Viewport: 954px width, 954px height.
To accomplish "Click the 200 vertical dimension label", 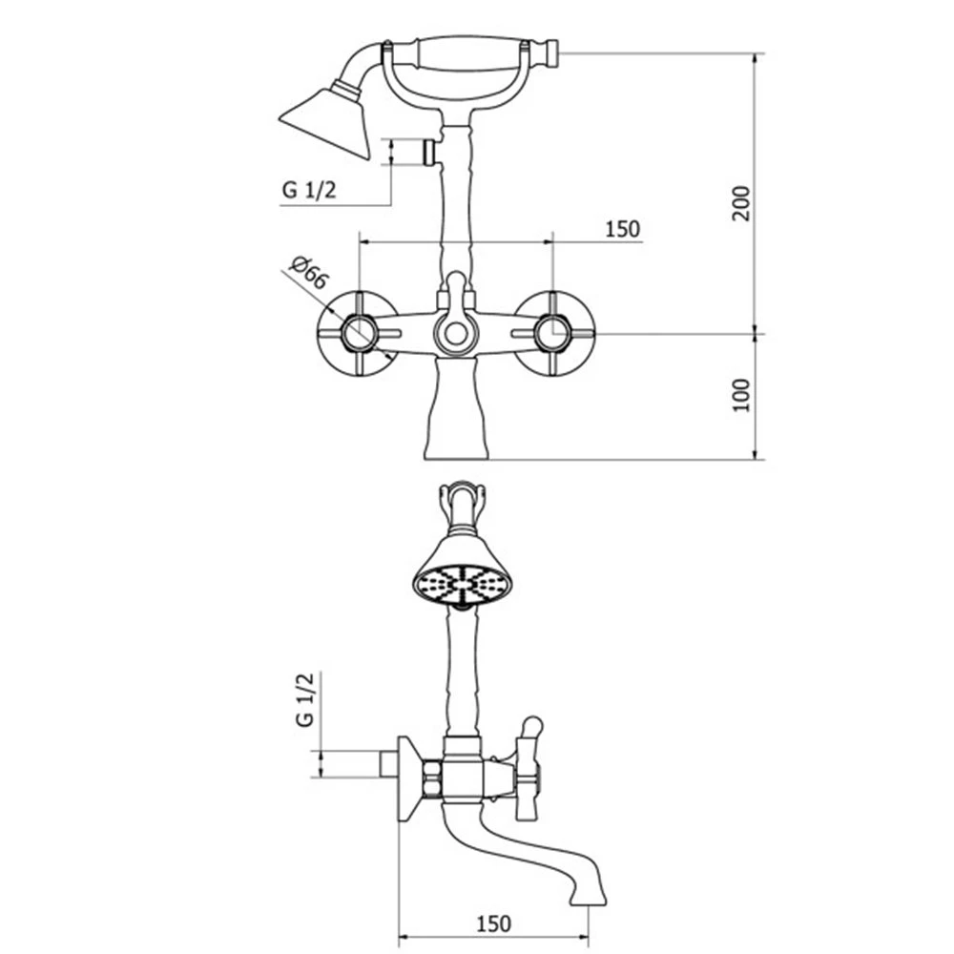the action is [741, 203].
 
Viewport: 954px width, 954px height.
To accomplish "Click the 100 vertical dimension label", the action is [741, 395].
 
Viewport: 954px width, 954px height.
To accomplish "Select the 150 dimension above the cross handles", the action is [622, 229].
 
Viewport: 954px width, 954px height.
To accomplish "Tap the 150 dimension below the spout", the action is [493, 923].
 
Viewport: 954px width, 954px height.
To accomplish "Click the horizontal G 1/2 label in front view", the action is [308, 190].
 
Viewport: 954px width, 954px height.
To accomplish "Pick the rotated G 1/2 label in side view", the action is [305, 699].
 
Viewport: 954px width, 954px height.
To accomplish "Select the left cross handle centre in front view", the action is [359, 333].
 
